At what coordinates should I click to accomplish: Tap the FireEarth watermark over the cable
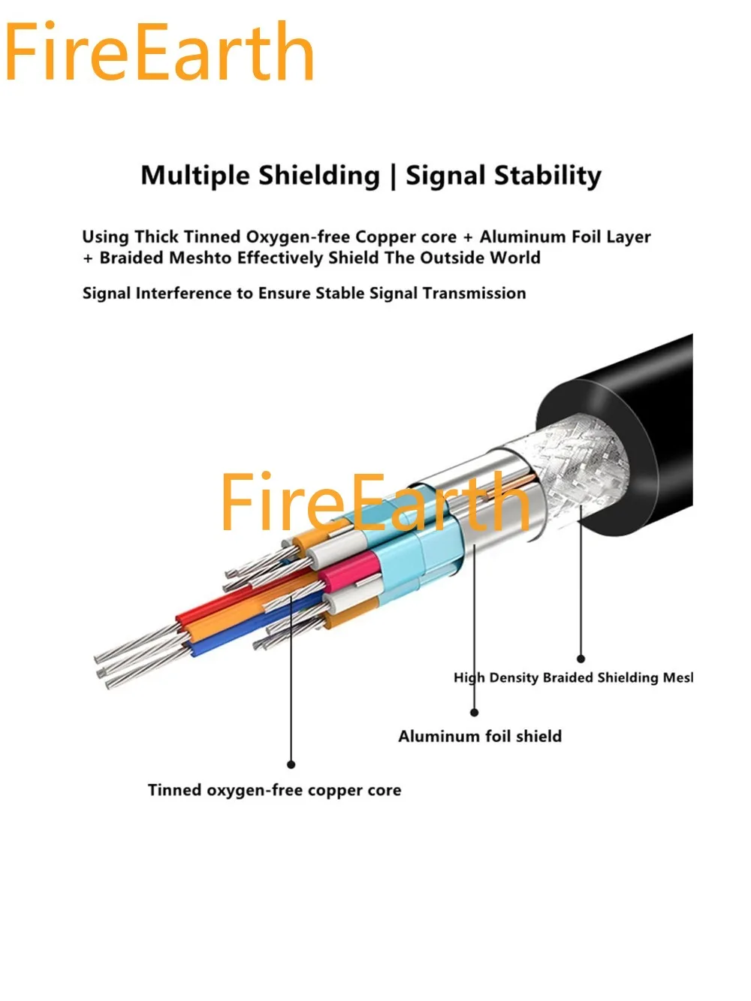pyautogui.click(x=374, y=502)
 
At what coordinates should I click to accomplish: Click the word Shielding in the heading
pyautogui.click(x=319, y=176)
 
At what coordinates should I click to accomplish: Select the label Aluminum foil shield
pyautogui.click(x=480, y=737)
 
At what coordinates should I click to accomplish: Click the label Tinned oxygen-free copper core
pyautogui.click(x=274, y=790)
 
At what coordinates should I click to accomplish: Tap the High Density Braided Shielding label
pyautogui.click(x=573, y=677)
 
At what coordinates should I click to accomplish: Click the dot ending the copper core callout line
pyautogui.click(x=291, y=764)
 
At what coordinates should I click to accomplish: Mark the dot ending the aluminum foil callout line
pyautogui.click(x=474, y=712)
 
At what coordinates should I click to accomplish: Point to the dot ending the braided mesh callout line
pyautogui.click(x=581, y=659)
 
